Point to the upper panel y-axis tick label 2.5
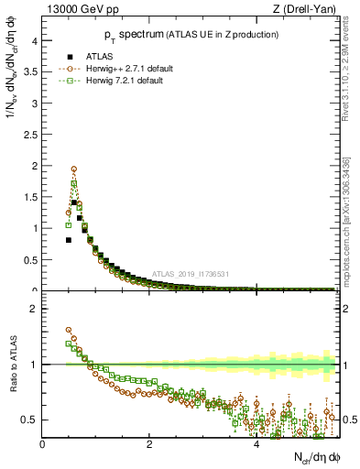click(x=29, y=134)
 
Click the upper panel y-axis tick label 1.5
click(x=29, y=197)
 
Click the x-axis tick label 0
click(x=42, y=444)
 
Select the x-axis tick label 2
click(x=149, y=444)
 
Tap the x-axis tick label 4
click(x=256, y=444)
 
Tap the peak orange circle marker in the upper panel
click(x=73, y=169)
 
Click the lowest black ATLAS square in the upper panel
click(x=68, y=240)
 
